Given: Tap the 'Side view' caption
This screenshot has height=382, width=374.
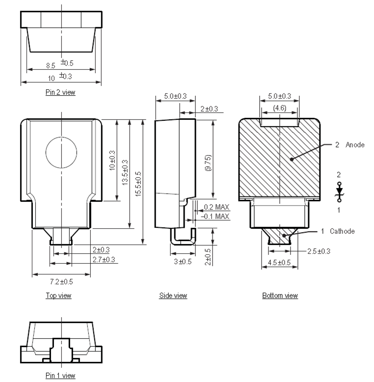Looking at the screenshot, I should [x=173, y=296].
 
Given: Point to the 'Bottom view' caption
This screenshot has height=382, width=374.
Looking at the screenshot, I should [x=280, y=296].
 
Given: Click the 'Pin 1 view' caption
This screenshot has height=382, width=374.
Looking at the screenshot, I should [x=60, y=376].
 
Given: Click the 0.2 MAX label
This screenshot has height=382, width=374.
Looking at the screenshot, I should [x=215, y=208].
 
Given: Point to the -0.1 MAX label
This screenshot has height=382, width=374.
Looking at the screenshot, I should [x=215, y=216].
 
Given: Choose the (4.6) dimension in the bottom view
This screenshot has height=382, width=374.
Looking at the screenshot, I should [x=279, y=108].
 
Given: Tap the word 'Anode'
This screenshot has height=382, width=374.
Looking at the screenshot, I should [x=355, y=145].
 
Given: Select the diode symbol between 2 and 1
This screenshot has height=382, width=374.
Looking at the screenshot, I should [x=339, y=191].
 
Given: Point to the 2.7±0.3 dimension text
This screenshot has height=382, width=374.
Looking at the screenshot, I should [x=104, y=259].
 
